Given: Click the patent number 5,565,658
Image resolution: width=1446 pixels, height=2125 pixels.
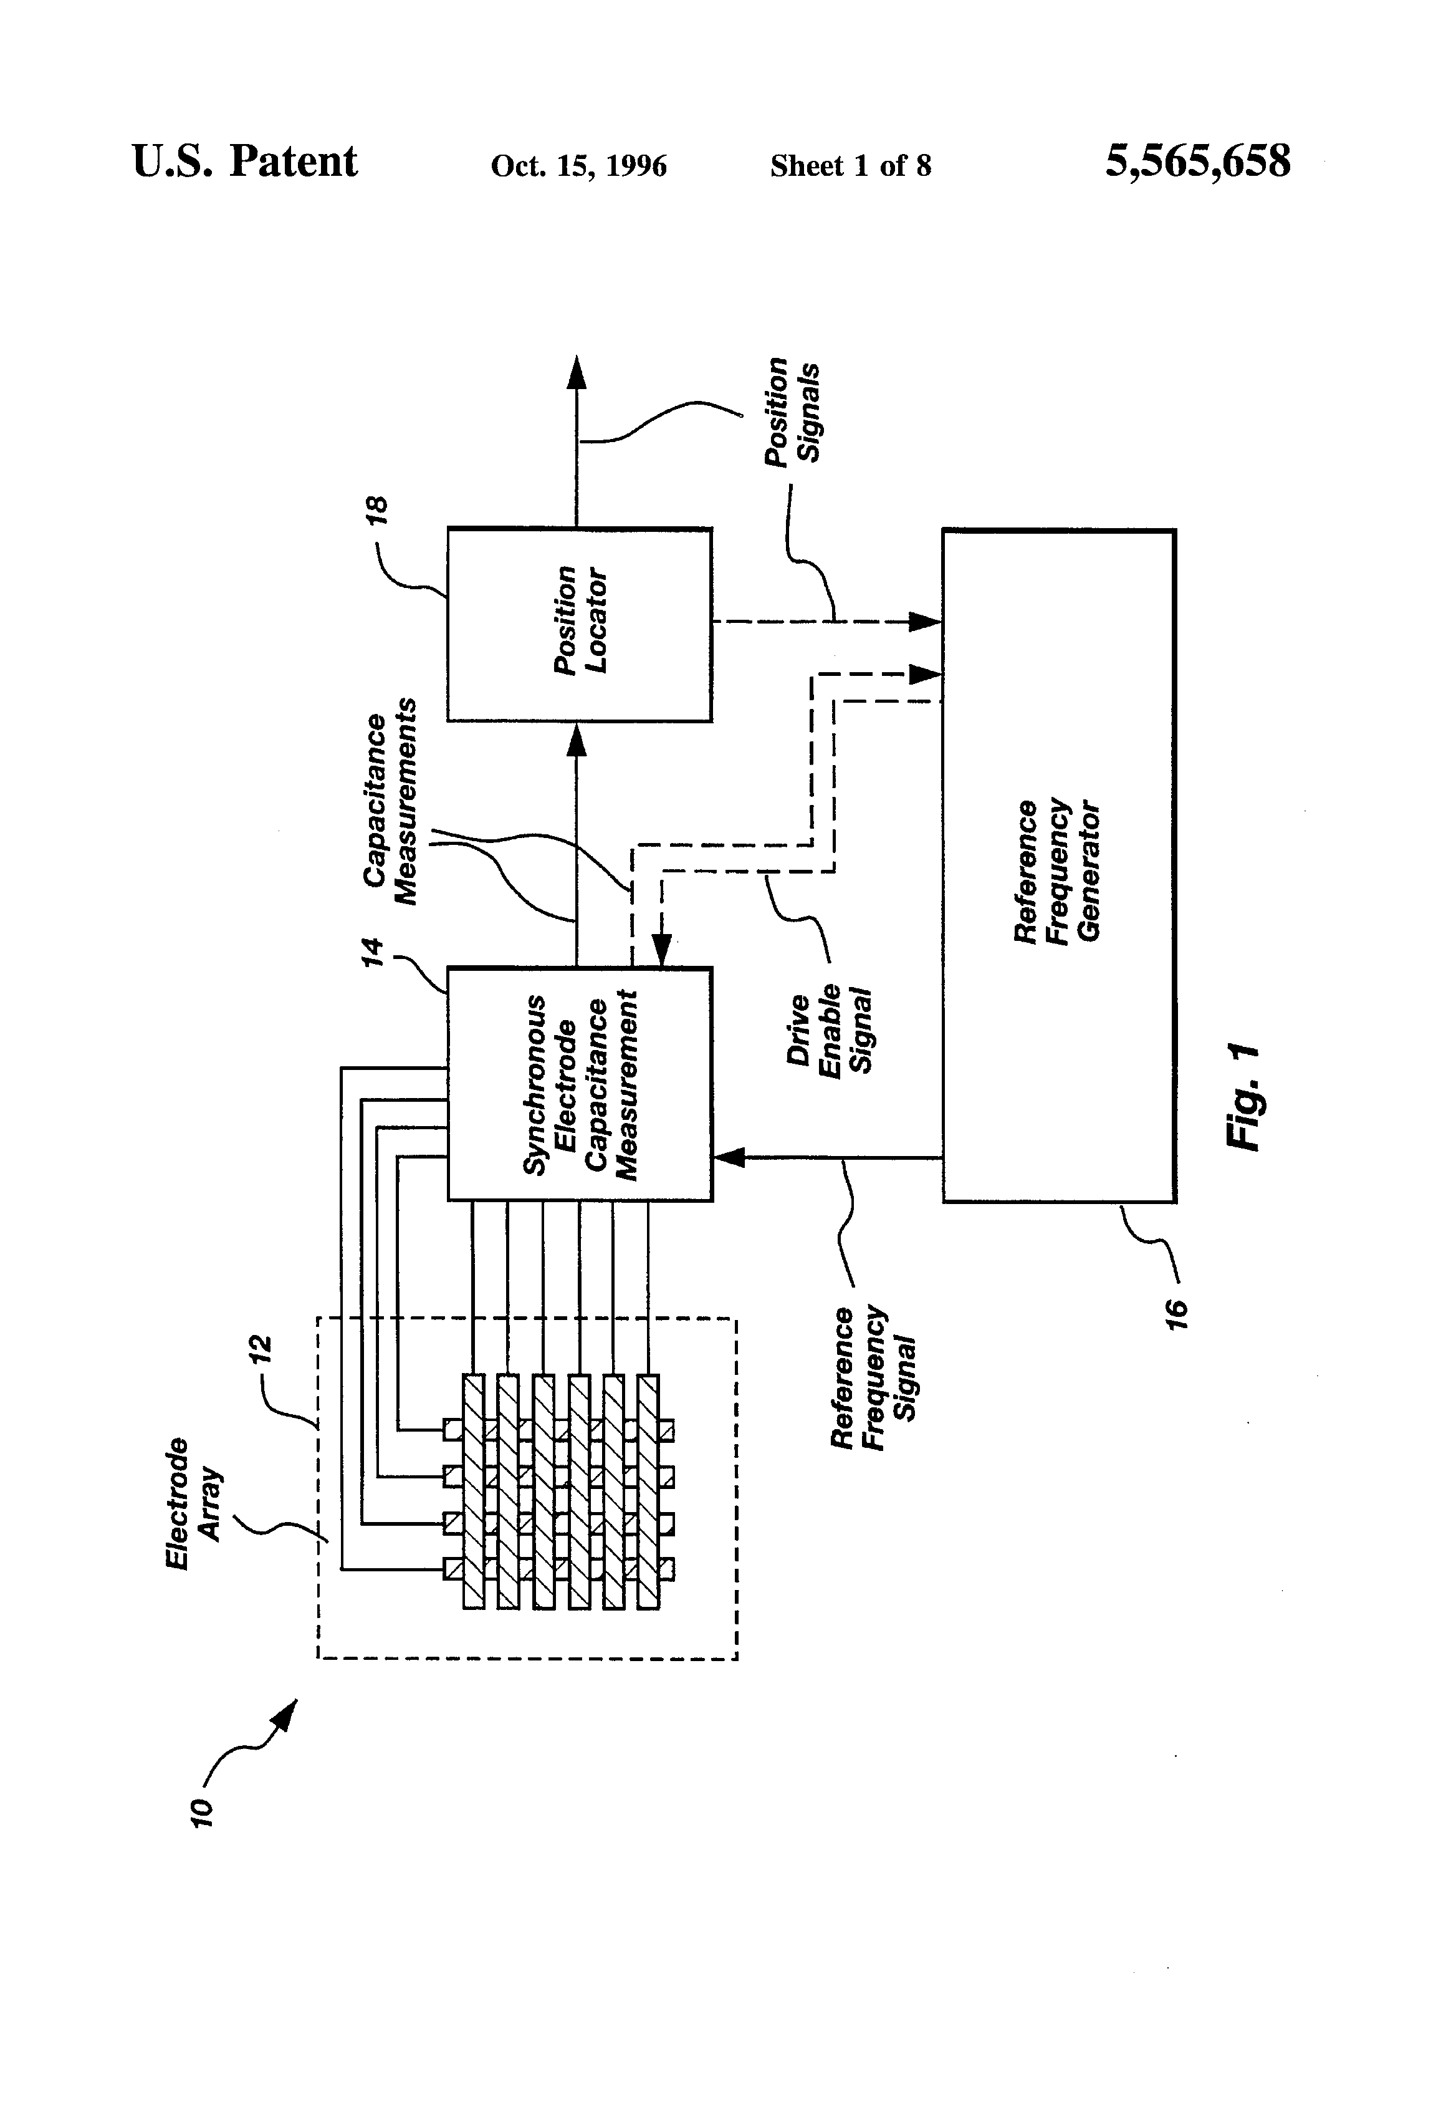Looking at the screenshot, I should [1197, 162].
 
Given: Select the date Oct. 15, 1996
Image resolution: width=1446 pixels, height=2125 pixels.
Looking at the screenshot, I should [578, 165].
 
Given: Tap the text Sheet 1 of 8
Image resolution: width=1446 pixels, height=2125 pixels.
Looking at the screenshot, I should [850, 165].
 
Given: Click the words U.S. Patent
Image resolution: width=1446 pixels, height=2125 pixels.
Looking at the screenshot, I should [244, 162].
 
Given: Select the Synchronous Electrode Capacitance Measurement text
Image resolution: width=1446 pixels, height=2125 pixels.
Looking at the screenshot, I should [580, 1086].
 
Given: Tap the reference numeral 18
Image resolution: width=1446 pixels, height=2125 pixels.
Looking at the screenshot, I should [376, 510].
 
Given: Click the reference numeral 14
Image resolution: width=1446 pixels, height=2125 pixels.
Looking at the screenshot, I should [372, 952].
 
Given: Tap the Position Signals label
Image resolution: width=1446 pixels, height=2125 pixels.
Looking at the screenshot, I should [792, 412].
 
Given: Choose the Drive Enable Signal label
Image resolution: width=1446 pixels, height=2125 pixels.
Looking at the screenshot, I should [829, 1031].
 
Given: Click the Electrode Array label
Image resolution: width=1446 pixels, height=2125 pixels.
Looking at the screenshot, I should [194, 1504].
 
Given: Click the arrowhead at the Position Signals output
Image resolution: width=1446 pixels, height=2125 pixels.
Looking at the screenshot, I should [576, 372].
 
